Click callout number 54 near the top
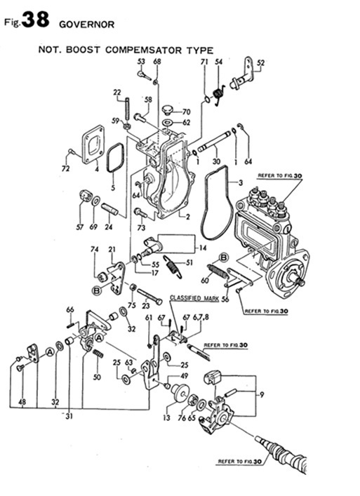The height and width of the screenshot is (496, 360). pos(218,62)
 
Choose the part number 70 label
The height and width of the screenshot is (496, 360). pos(186,112)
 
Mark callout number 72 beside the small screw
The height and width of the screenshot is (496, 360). pos(65,169)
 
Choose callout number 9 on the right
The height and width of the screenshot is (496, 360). pos(262,395)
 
